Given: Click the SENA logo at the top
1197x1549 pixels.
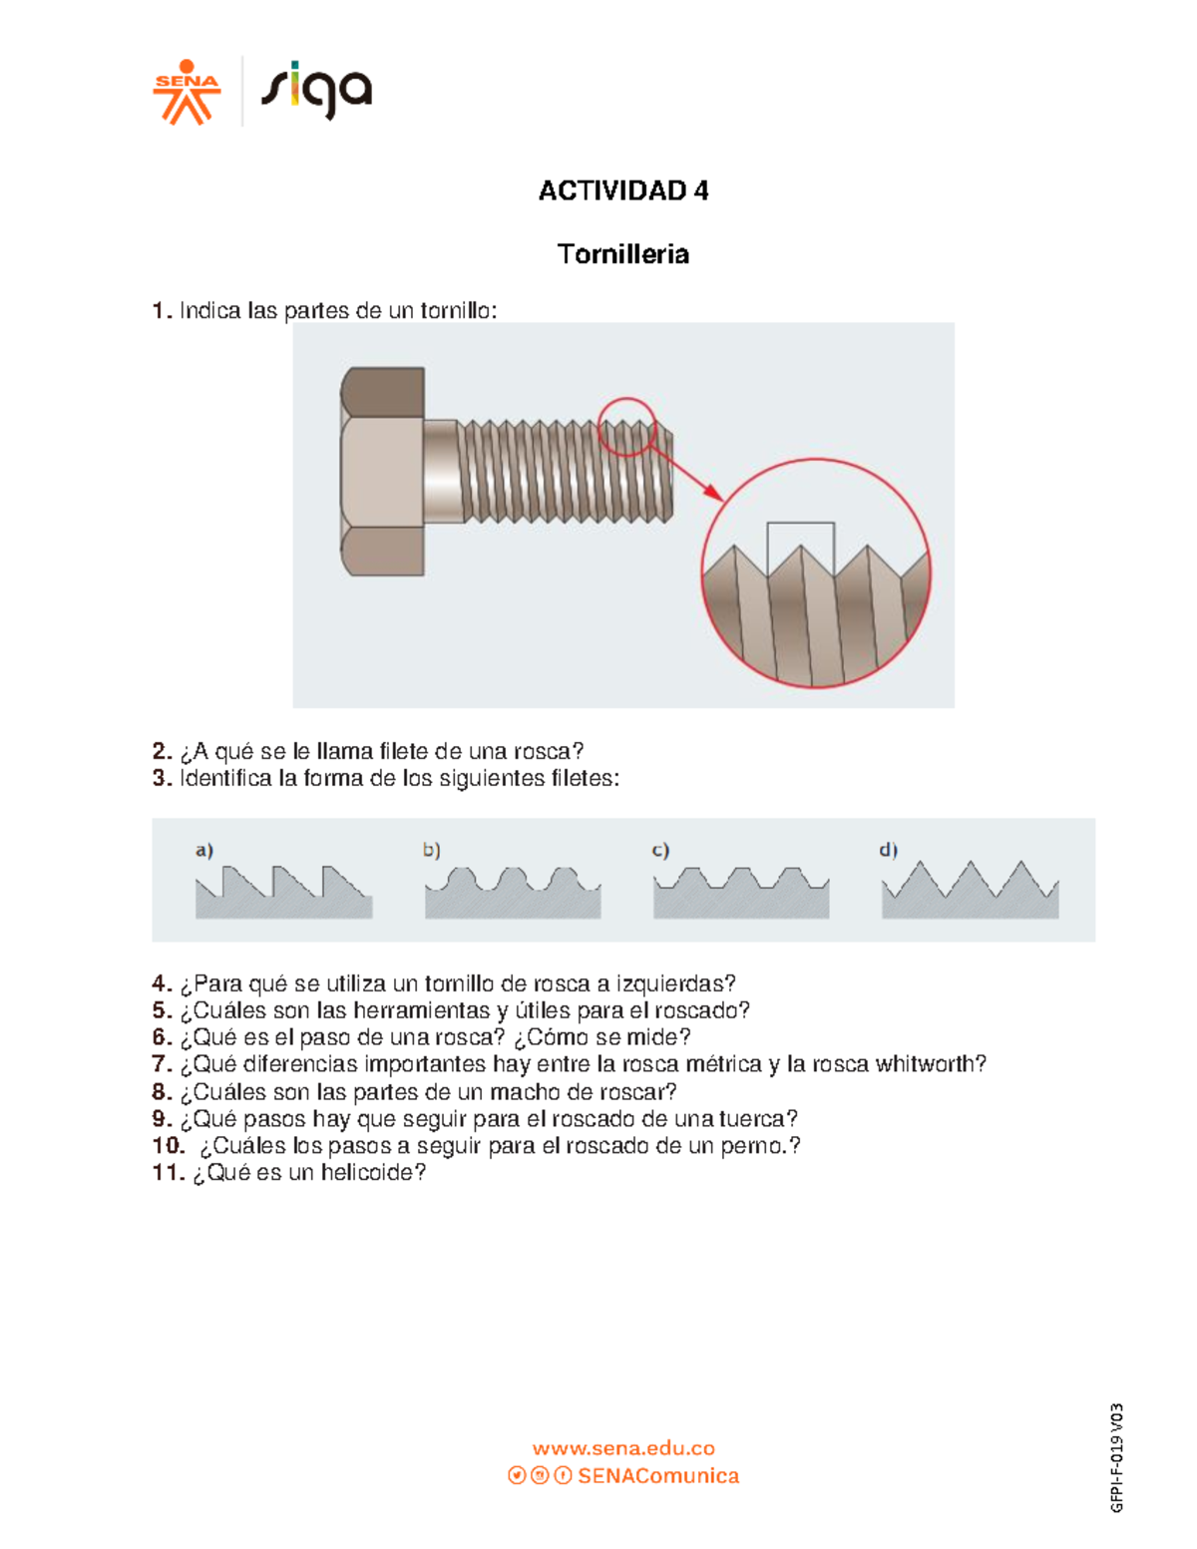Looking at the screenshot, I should coord(187,93).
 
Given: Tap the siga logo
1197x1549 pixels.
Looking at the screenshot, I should coord(316,91).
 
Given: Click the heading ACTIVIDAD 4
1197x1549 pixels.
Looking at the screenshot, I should coord(623,191).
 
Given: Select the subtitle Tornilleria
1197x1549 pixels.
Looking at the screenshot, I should coord(623,254).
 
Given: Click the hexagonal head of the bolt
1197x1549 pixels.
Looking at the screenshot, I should coord(383,471).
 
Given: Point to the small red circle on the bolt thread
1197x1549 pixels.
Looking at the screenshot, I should coord(626,426).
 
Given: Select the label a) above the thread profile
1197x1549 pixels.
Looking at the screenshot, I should coord(204,851).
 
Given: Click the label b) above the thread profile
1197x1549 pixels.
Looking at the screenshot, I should coord(431,851).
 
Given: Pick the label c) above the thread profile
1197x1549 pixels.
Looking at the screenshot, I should coord(660,851).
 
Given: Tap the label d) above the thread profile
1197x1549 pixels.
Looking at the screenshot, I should coord(888,851).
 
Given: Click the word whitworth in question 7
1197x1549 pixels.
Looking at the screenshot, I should coord(931,1064).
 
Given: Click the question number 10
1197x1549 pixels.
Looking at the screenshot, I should coord(169,1146).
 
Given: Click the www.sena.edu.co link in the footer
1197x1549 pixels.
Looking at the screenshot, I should coord(623,1448).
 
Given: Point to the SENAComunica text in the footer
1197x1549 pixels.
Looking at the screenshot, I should coord(658,1476).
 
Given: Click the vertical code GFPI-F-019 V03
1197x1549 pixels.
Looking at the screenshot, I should coord(1117,1457).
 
